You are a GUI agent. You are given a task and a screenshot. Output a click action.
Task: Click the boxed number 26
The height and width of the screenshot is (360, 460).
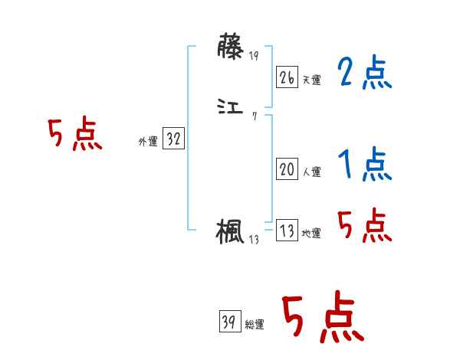[287, 77]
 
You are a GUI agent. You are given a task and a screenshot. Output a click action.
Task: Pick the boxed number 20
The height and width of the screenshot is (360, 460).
[287, 170]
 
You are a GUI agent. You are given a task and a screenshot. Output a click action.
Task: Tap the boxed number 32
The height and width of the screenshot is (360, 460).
[174, 139]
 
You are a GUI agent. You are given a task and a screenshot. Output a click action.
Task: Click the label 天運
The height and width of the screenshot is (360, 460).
[311, 79]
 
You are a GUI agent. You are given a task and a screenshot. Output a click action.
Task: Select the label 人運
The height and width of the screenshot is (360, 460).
[311, 172]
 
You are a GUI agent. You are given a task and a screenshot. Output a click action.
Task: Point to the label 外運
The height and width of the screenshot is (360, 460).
[148, 142]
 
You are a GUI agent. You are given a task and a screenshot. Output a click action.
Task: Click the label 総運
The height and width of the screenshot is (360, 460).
[254, 325]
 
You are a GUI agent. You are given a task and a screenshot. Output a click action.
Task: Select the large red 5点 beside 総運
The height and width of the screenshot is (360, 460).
[321, 318]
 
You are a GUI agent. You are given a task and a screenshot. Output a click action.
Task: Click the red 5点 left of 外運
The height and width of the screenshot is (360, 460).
[74, 135]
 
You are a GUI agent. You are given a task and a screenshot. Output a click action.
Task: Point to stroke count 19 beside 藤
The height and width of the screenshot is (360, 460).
[254, 56]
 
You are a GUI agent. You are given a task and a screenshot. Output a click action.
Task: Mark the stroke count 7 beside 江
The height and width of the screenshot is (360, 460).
[254, 116]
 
